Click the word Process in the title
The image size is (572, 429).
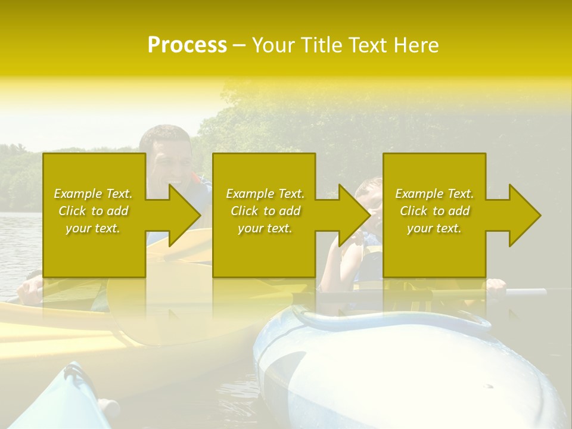coord(187,45)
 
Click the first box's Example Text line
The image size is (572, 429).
coord(93,194)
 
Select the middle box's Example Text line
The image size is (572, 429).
coord(265,194)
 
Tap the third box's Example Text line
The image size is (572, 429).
coord(434,194)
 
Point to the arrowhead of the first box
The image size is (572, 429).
coord(185,215)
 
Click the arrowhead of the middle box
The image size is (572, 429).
coord(355,215)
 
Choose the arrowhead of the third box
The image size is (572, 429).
coord(525,215)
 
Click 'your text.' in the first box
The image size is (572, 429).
coord(93,228)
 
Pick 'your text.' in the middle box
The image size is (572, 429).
coord(265,228)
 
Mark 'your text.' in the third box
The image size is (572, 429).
coord(434,228)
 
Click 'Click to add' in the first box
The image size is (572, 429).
coord(93,211)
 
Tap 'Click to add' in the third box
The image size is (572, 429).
coord(434,211)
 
